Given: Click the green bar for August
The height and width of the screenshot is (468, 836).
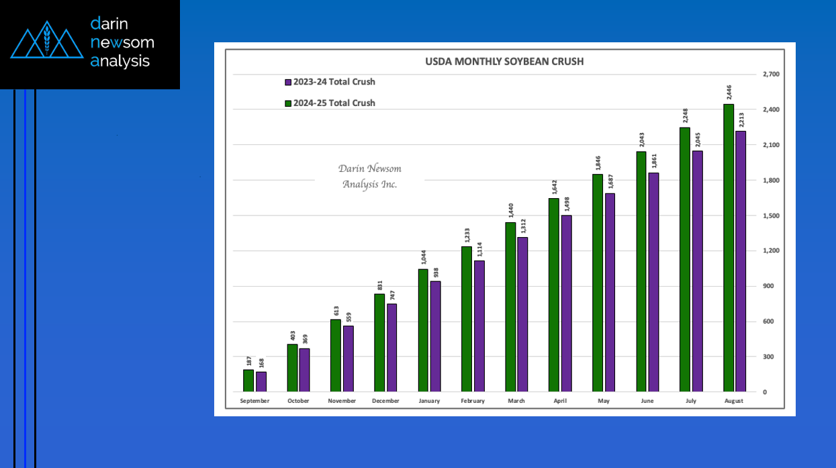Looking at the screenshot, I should click(x=729, y=248).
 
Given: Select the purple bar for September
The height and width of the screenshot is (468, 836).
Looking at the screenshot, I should click(x=261, y=381).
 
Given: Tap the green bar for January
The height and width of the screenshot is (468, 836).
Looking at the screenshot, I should click(x=423, y=330).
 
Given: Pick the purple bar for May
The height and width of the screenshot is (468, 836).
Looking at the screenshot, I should click(x=610, y=292).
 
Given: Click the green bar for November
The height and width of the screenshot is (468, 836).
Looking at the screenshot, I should click(x=336, y=355).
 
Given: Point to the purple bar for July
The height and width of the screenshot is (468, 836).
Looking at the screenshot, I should click(x=698, y=271).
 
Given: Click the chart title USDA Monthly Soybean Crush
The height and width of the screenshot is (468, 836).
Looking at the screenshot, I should click(x=504, y=61).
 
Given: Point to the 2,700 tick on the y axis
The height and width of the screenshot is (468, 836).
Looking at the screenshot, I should click(x=771, y=75).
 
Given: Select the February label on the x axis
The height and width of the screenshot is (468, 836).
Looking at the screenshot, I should click(x=473, y=401).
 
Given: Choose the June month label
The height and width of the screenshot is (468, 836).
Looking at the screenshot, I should click(x=647, y=401).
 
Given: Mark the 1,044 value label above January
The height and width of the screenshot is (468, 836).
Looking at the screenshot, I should click(x=424, y=258).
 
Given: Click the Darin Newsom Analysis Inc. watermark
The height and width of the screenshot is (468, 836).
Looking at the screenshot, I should click(x=369, y=177).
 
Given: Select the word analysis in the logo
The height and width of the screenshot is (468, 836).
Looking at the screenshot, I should click(x=120, y=61).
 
